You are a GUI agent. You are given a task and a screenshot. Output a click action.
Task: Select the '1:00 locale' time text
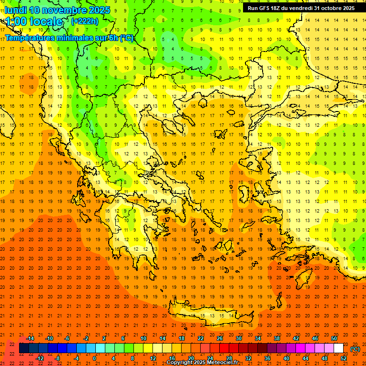(x=34, y=21)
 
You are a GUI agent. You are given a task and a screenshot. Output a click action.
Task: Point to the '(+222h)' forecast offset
(x=84, y=21)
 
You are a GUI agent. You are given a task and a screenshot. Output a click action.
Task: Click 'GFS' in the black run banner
(x=266, y=8)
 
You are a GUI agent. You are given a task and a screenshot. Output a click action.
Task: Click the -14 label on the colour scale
(x=30, y=338)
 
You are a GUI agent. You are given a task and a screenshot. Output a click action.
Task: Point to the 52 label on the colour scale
(x=344, y=358)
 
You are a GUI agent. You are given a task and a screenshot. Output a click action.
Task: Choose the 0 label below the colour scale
(x=94, y=358)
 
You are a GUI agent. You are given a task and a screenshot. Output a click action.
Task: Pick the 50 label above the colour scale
(x=334, y=338)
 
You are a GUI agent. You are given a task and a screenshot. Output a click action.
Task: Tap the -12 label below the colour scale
(x=40, y=358)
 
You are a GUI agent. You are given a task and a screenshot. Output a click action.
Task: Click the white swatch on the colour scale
(x=339, y=348)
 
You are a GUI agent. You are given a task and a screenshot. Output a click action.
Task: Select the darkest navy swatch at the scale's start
(x=24, y=348)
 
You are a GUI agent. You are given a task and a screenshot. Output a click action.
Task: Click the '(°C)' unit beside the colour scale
(x=355, y=349)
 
